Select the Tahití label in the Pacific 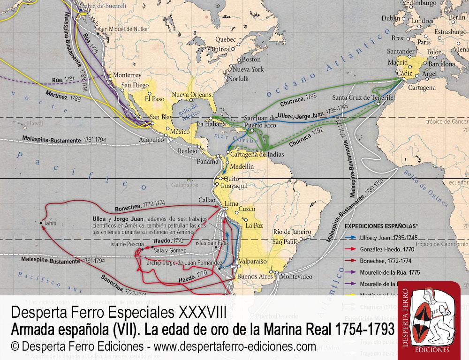[x=52, y=223]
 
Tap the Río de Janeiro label [x=292, y=232]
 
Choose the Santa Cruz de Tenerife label [x=362, y=97]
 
